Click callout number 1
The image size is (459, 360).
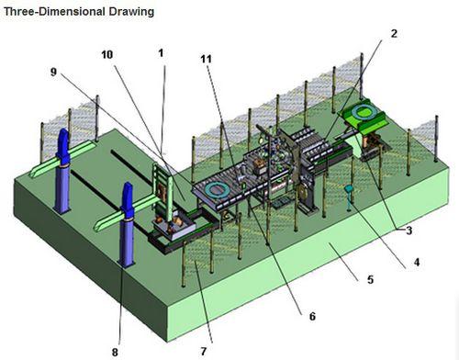coord(161,54)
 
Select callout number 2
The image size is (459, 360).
coord(393,34)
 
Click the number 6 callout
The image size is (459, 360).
coord(311,317)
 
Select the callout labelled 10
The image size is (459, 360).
coord(107,54)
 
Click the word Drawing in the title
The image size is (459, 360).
coord(130,13)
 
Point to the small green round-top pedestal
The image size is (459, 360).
coord(350,192)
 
